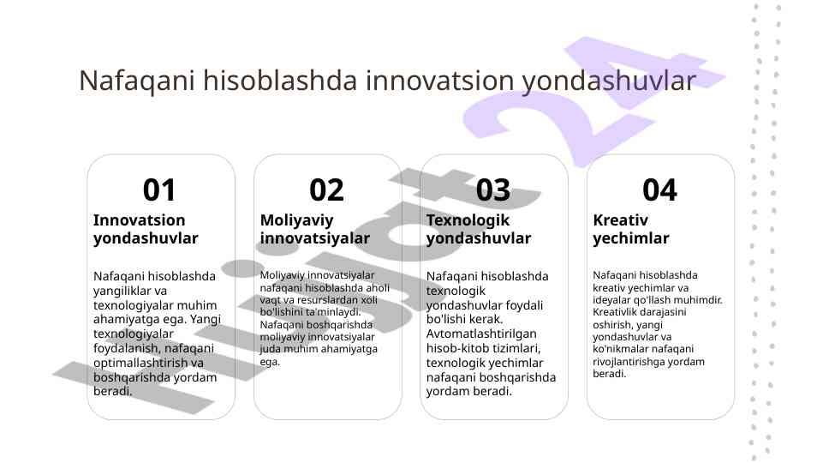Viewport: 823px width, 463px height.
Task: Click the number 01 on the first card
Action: [159, 190]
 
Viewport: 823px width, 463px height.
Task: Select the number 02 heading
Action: [326, 190]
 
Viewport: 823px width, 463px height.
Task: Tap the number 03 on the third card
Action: [492, 190]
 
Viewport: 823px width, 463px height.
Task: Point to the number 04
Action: [659, 190]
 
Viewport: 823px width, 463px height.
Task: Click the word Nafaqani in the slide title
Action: [137, 81]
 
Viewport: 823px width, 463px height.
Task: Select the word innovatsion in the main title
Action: [440, 81]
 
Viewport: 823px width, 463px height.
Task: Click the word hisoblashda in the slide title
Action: [280, 81]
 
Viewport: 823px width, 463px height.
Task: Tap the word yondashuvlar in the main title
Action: [609, 81]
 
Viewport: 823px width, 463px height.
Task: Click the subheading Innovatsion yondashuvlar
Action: [146, 229]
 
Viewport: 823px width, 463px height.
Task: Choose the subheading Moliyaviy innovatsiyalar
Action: [314, 229]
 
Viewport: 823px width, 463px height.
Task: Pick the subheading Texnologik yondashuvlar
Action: [479, 229]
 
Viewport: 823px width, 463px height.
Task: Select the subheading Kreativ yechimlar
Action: [631, 229]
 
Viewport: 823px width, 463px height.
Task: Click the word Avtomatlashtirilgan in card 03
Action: [481, 334]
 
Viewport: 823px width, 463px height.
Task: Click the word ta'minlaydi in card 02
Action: [334, 312]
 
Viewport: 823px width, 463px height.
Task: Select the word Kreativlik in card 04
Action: [615, 312]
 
